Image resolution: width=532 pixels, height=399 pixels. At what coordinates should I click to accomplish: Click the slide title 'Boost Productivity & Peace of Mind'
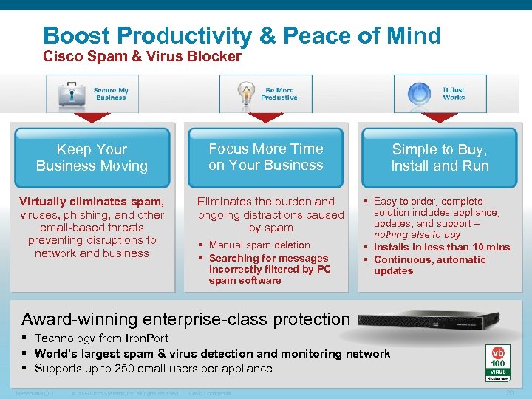click(x=242, y=35)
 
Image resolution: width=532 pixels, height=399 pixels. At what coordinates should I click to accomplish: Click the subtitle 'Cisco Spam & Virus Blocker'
click(x=142, y=57)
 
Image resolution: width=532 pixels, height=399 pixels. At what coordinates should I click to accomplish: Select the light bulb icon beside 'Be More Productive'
click(x=245, y=94)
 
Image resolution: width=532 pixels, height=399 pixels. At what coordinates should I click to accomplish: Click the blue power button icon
click(x=419, y=94)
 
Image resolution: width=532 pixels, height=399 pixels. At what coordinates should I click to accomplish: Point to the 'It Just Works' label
click(x=454, y=94)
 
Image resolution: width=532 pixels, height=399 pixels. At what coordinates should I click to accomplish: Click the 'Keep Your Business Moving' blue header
click(x=92, y=158)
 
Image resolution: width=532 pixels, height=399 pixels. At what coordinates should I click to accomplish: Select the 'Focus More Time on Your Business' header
click(x=266, y=157)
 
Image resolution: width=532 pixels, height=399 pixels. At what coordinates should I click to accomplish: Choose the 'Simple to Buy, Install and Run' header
click(x=440, y=158)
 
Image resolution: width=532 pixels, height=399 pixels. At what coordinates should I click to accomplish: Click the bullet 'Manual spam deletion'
click(x=259, y=245)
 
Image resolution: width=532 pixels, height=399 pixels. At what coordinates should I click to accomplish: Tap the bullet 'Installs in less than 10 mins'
click(x=442, y=248)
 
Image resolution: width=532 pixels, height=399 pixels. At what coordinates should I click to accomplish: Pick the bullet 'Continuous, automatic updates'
click(x=429, y=265)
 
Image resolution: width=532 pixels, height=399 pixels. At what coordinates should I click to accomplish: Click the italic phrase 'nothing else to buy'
click(x=418, y=235)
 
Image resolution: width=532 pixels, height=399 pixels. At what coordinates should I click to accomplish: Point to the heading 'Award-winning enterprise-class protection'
click(x=185, y=319)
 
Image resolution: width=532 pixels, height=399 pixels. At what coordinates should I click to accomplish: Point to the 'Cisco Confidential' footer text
click(x=210, y=393)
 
